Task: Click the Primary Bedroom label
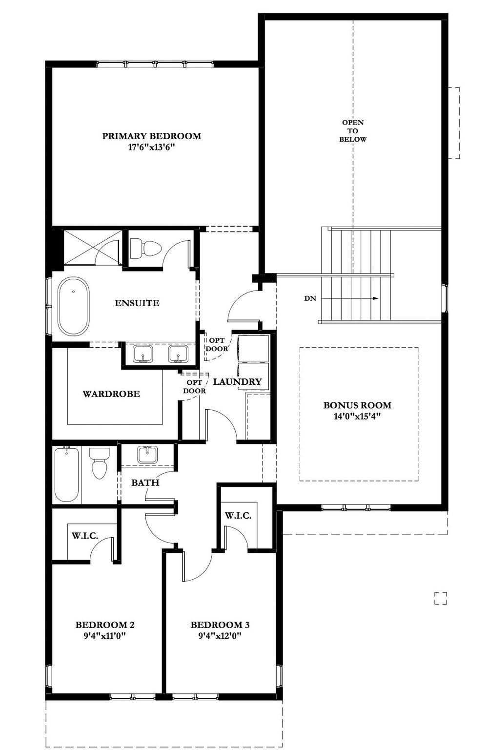coord(152,136)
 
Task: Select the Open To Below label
coord(353,131)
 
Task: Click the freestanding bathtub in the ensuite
coord(74,306)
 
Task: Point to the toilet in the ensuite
coord(146,248)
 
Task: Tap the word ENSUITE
coord(137,303)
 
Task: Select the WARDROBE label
coord(111,394)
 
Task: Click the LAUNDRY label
coord(238,381)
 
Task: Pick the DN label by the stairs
coord(310,298)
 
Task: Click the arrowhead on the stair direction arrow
coord(376,298)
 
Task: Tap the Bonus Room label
coord(357,405)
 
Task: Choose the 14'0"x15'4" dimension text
coord(357,416)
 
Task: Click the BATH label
coord(145,482)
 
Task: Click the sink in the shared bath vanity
coord(147,454)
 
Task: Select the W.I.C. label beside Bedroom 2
coord(85,536)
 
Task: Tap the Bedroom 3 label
coord(220,625)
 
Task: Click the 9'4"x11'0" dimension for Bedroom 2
coord(105,636)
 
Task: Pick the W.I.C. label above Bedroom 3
coord(238,515)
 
